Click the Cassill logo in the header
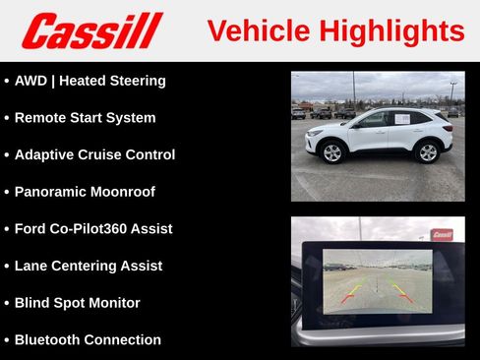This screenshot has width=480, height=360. pos(91,30)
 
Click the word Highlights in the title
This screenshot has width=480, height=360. pos(390,31)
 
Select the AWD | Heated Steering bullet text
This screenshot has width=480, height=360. pos(90,81)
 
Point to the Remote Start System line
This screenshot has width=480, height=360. pos(85,118)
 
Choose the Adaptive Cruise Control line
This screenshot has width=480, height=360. pos(94,154)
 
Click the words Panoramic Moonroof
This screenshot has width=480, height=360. pos(85,192)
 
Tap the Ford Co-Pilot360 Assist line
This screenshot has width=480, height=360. pos(93,228)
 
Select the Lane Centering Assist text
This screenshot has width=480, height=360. pos(89,266)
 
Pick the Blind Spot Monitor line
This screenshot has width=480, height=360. pos(77,303)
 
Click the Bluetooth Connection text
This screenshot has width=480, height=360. pos(88,339)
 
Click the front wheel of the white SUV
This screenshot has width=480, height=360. pos(332,152)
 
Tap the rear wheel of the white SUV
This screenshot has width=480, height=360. pos(428,151)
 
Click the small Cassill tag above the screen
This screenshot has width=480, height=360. pos(442,235)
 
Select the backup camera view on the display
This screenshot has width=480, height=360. pos(377,280)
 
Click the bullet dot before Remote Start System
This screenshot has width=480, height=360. pos(7,118)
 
